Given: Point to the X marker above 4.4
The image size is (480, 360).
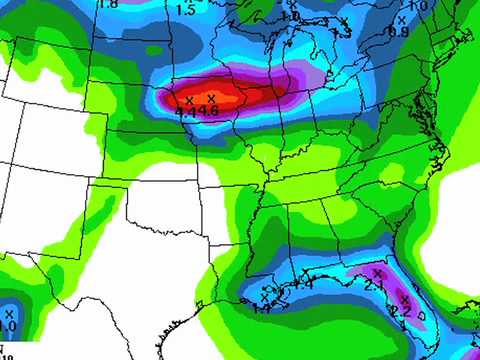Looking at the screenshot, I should (x=189, y=100).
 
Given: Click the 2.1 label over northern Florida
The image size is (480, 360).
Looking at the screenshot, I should (x=375, y=286).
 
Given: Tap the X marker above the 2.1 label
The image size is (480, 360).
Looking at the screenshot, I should (x=377, y=273).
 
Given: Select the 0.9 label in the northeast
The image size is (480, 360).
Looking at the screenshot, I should (x=398, y=31).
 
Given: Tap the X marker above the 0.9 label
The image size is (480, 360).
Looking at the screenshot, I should (x=402, y=19).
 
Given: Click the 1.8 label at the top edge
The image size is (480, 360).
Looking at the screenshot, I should (x=108, y=4).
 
